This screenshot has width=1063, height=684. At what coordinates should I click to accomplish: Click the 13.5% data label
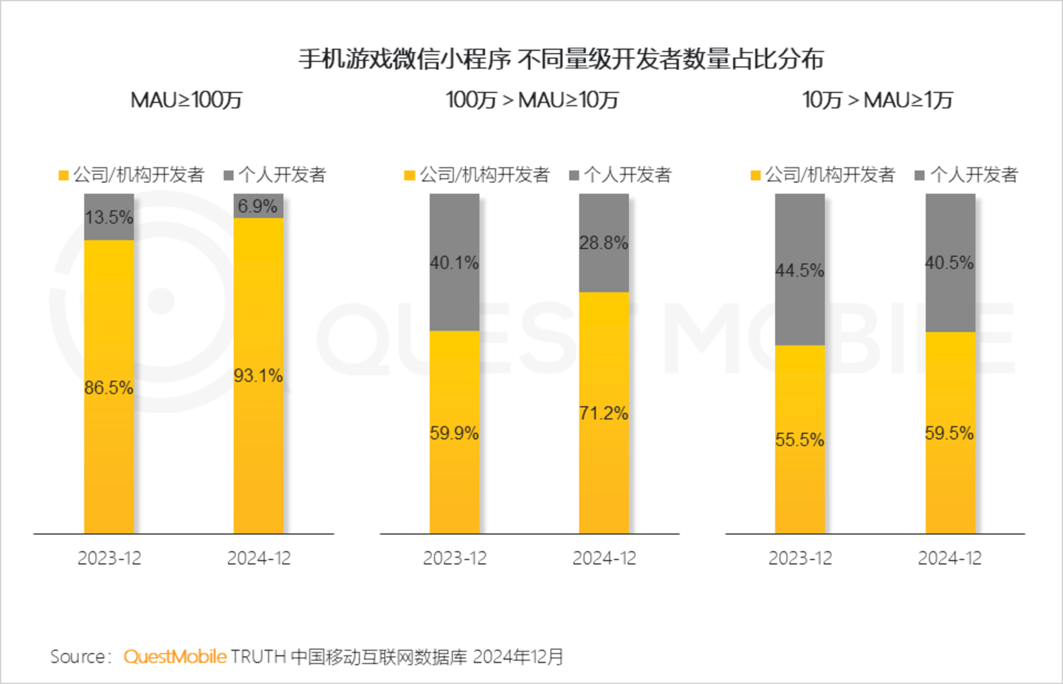[x=109, y=218]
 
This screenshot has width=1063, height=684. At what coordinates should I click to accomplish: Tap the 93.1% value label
[x=258, y=376]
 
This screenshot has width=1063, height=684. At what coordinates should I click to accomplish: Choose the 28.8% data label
[x=604, y=243]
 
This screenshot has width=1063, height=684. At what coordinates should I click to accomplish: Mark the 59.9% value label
[x=455, y=433]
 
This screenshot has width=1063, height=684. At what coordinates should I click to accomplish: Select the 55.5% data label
[x=800, y=440]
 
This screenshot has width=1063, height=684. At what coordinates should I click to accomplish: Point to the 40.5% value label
[x=950, y=263]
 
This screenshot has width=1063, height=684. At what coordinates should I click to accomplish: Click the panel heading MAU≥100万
[x=187, y=100]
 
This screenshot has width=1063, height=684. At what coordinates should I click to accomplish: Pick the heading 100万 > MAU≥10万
[x=532, y=100]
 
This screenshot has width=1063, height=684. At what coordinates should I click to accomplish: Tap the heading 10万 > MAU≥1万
[x=878, y=100]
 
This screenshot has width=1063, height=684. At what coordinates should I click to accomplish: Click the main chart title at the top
[x=561, y=59]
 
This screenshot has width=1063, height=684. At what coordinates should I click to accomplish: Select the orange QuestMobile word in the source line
[x=175, y=657]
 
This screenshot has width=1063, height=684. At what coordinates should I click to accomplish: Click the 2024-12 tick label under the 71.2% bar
[x=604, y=559]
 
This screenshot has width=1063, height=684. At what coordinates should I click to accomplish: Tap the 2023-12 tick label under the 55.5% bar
[x=800, y=559]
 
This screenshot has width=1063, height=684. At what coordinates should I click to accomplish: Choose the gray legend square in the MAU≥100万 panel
[x=229, y=176]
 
